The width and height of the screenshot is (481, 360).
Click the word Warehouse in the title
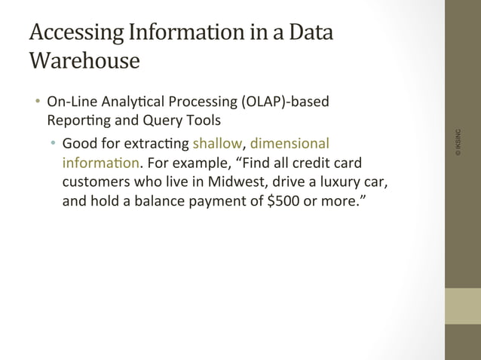(84, 60)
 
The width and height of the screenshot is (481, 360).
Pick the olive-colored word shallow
(219, 143)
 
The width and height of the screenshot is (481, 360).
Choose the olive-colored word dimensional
(290, 143)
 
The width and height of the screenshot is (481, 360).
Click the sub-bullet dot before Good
(54, 143)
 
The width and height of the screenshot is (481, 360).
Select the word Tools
(202, 120)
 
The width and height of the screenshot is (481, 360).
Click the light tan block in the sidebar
(462, 306)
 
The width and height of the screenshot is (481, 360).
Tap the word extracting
(156, 143)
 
